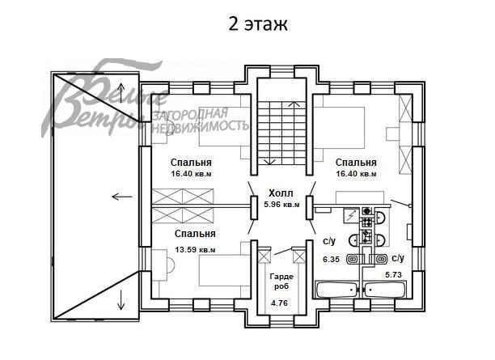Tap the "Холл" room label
281,193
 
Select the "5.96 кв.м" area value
281,205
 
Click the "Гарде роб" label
280,281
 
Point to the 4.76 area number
280,303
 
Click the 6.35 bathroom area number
330,260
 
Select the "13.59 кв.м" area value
195,249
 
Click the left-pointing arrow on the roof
122,196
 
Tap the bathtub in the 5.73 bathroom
387,290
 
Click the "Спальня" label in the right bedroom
356,161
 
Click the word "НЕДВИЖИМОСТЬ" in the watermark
201,126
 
